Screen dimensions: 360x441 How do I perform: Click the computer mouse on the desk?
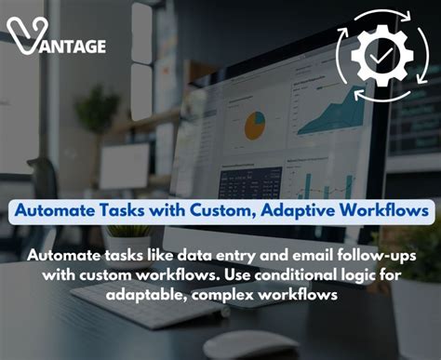[250, 343]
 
